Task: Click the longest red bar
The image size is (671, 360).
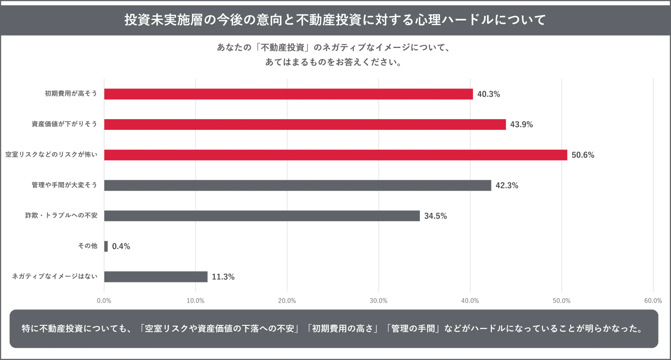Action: coord(335,155)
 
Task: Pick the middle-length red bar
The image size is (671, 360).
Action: coord(305,125)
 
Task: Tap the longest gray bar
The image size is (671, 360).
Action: coord(298,185)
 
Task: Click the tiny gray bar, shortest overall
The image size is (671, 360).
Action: coord(107,245)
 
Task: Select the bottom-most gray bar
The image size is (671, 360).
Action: coord(156,277)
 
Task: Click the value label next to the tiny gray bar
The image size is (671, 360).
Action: coord(122,246)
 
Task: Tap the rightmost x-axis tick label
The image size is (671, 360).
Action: coord(653,300)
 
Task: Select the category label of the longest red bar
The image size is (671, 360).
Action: coord(51,155)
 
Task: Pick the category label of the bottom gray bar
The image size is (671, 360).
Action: coord(55,276)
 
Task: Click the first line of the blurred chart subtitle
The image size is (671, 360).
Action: coord(332,47)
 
